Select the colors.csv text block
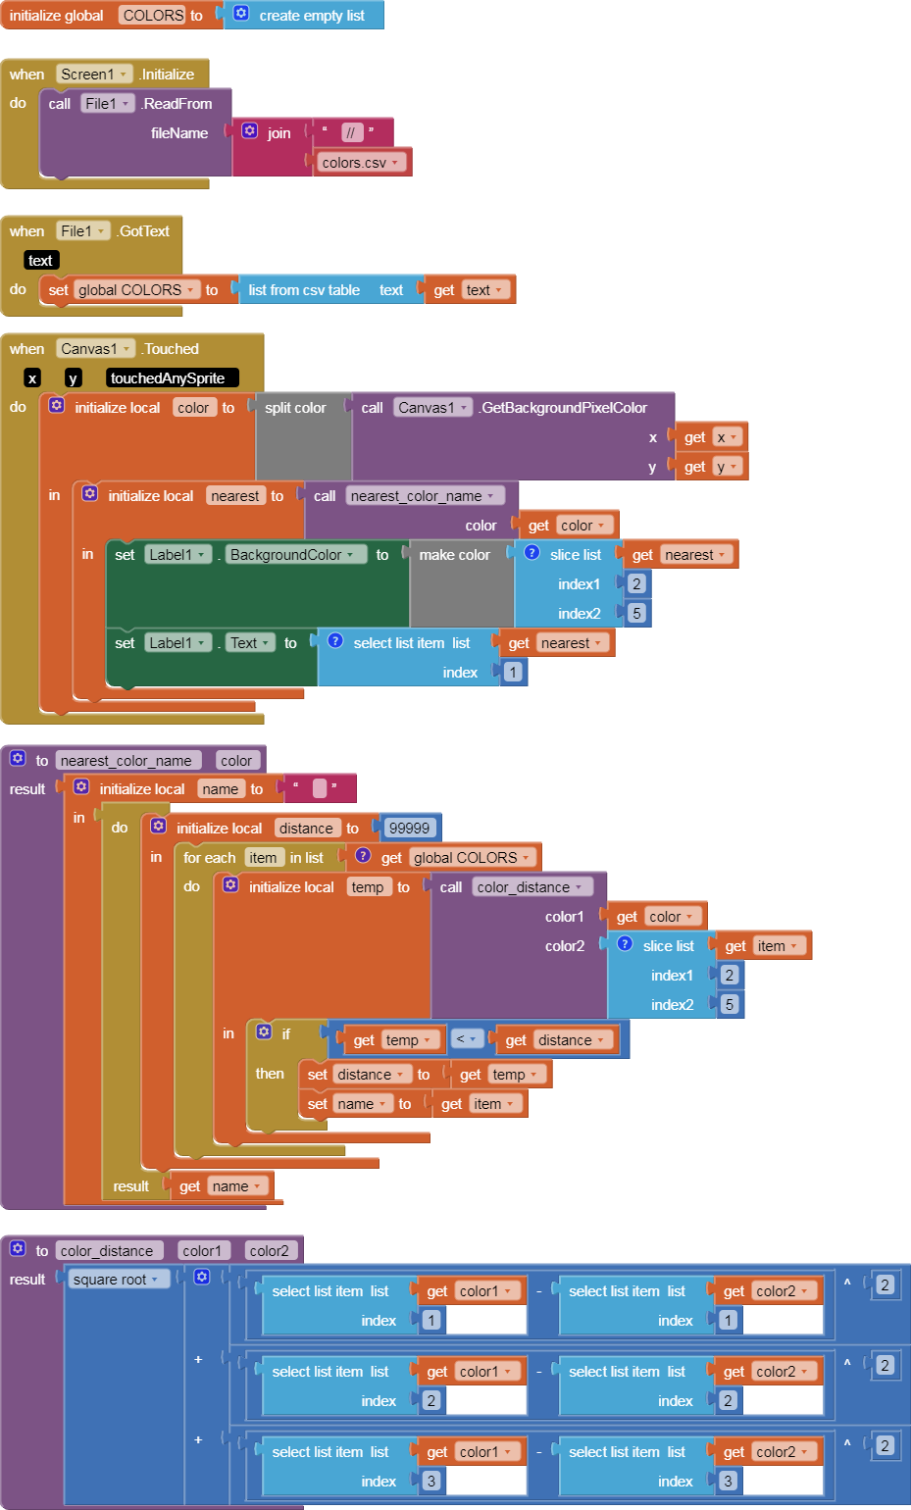(x=360, y=163)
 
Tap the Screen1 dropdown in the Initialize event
(x=94, y=75)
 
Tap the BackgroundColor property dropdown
(x=291, y=555)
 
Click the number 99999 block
(x=409, y=828)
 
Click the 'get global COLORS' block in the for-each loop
(x=443, y=857)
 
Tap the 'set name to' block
(x=364, y=1103)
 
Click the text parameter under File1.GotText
(x=41, y=260)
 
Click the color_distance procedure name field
(x=108, y=1251)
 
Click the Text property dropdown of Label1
(x=249, y=643)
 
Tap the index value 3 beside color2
(x=728, y=1481)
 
